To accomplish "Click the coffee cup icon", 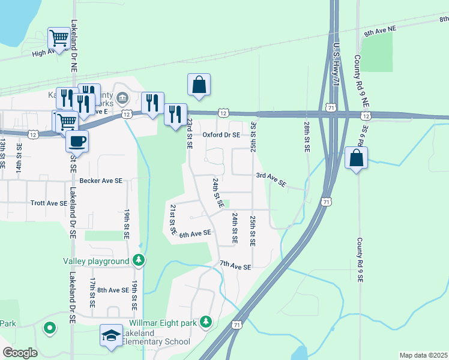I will (x=77, y=142).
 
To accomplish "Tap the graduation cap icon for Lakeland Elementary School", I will (x=110, y=337).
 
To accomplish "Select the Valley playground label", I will (x=96, y=261).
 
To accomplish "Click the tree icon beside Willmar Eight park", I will (x=206, y=323).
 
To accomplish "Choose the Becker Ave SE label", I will (x=100, y=180).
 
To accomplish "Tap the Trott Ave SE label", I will (x=49, y=203).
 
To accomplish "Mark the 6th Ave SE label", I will (x=195, y=233).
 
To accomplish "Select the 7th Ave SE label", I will (x=235, y=265).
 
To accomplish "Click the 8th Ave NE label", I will (x=380, y=29).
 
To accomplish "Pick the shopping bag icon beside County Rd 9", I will (x=357, y=158).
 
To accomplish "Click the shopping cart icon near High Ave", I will (x=59, y=38).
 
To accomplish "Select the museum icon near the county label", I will (x=122, y=97).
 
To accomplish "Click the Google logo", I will (x=20, y=353).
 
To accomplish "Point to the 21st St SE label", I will (x=172, y=218).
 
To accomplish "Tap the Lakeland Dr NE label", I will (x=74, y=58).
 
